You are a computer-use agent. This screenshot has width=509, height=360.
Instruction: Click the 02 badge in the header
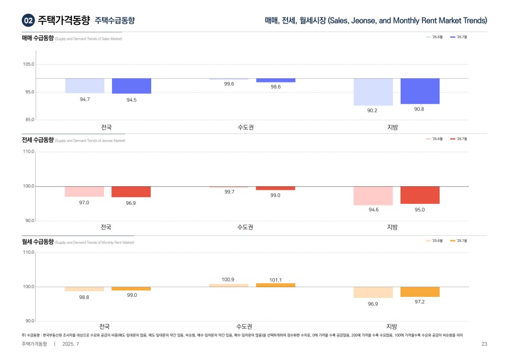point(28,20)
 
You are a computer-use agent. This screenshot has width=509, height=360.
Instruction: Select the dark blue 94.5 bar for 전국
point(131,86)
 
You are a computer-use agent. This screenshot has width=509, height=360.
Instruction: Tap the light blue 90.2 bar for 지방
point(373,92)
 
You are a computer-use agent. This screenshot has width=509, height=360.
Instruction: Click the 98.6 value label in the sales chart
point(275,87)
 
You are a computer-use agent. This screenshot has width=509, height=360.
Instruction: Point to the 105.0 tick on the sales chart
point(29,65)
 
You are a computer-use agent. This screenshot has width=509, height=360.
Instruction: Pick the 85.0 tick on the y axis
point(29,120)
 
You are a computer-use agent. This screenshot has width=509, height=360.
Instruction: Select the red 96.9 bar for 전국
point(131,191)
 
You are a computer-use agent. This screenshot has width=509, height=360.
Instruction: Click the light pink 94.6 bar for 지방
point(373,196)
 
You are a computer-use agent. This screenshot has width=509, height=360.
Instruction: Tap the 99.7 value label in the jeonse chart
point(229,192)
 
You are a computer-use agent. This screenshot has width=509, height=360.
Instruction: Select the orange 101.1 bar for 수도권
point(275,285)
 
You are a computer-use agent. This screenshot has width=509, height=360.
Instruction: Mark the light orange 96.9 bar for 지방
point(373,292)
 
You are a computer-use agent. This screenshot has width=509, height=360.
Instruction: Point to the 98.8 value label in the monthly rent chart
point(84,297)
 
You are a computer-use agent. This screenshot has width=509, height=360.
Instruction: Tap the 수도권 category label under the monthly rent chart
point(244,326)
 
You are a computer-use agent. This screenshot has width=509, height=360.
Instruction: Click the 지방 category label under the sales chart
point(392,127)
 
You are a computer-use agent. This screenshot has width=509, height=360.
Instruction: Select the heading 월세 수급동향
point(38,242)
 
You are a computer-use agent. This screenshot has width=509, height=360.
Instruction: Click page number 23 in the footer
point(484,344)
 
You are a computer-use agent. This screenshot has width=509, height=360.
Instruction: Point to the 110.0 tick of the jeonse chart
point(29,152)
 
